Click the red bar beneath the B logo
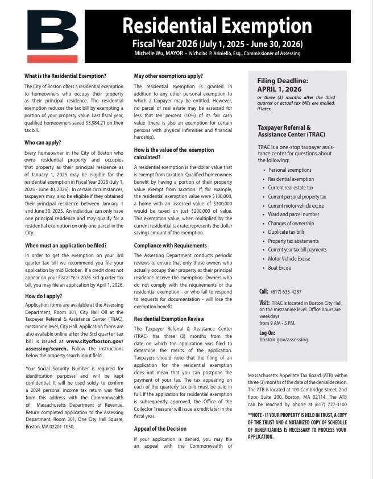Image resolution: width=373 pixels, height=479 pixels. pos(52,59)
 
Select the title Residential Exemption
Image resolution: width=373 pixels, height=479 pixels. pos(217,26)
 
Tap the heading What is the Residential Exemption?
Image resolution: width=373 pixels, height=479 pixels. pos(65,76)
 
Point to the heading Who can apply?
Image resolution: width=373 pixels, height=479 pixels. pos(43,143)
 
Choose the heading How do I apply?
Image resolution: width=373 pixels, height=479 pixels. pos(43,296)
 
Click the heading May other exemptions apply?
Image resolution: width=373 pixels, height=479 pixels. pos(168,76)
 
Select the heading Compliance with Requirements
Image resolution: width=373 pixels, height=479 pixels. pos(171,245)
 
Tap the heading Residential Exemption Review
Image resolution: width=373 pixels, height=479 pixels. pos(169,319)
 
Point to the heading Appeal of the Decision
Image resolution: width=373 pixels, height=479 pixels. pos(160,429)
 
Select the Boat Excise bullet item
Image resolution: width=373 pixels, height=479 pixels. pos(279,267)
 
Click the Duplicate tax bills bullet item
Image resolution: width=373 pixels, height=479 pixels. pos(287,232)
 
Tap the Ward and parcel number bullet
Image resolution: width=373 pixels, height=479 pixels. pos(293,214)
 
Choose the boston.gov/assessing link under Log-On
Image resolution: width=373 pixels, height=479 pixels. pos(284,339)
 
